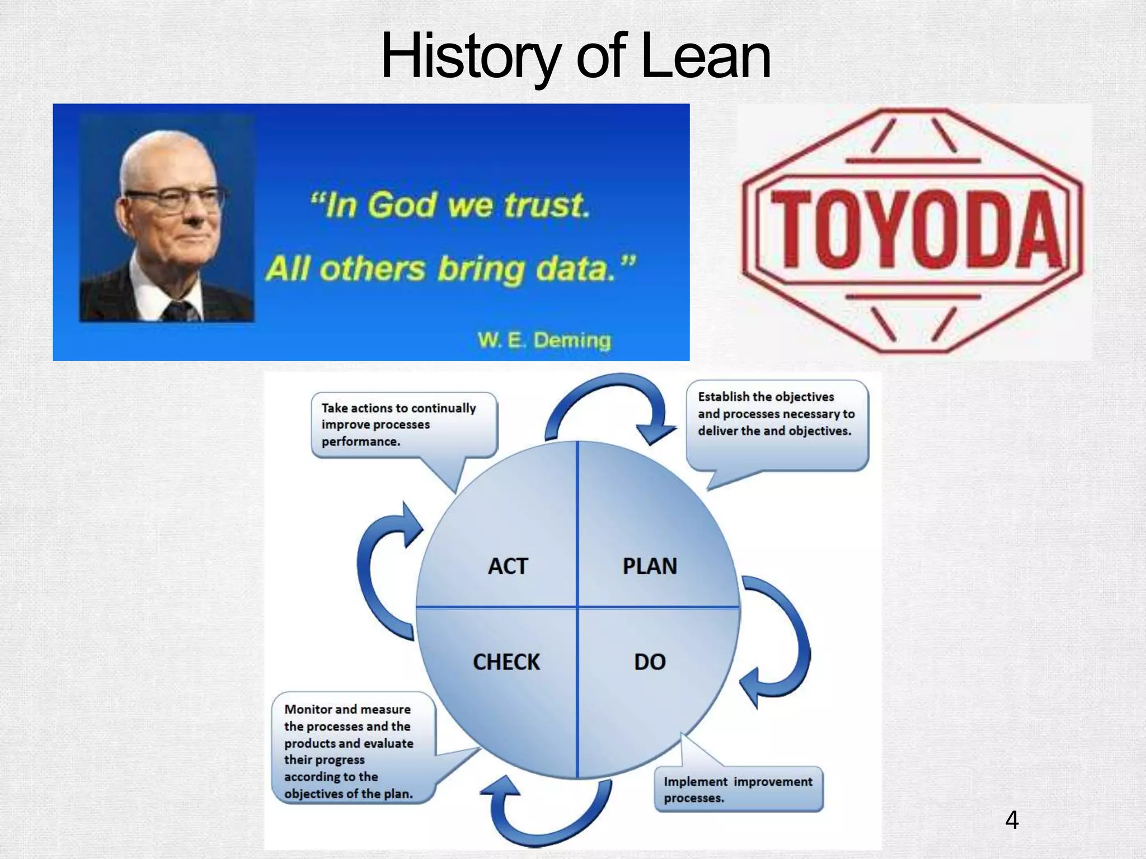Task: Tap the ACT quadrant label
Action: tap(508, 567)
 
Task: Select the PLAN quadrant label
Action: tap(650, 567)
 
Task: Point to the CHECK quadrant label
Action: tap(506, 662)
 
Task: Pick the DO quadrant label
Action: tap(650, 662)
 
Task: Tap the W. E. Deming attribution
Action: tap(544, 340)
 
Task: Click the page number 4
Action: tap(1012, 820)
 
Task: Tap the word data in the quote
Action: tap(576, 269)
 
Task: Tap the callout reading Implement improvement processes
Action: tap(738, 789)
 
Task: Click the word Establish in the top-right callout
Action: tap(724, 397)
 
